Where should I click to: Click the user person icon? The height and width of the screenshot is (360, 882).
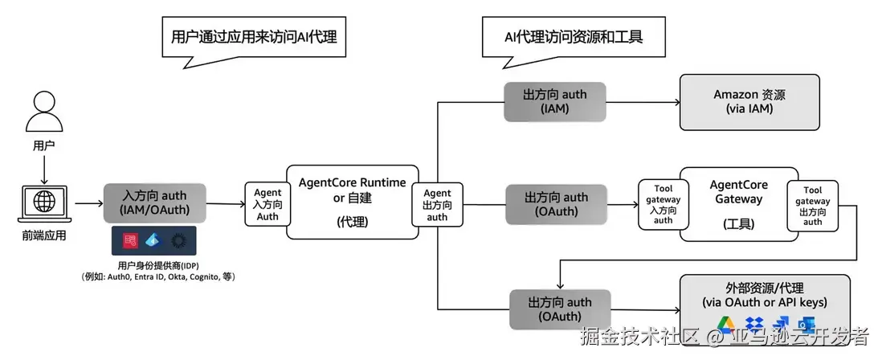pos(44,112)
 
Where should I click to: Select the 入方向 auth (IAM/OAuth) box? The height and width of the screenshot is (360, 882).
pos(155,204)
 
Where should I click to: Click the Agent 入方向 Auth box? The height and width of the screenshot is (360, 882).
pos(267,204)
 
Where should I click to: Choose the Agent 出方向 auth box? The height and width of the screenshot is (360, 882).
pos(437,205)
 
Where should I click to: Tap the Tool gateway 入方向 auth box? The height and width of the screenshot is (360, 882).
pos(663,205)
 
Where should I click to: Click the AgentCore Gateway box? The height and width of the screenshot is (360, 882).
pos(738,204)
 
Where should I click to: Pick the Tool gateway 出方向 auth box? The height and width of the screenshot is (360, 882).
pos(812,205)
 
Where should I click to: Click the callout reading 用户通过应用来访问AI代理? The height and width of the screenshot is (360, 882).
pos(253,37)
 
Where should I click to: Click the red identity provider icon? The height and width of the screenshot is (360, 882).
pos(130,240)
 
